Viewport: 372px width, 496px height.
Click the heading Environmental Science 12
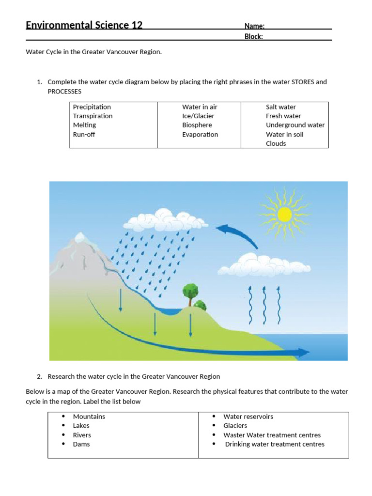tap(84, 25)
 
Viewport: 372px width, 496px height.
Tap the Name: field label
tap(254, 26)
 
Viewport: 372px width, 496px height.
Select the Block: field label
tap(254, 36)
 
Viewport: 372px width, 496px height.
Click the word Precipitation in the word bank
tap(92, 107)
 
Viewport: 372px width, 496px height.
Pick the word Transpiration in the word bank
tap(93, 116)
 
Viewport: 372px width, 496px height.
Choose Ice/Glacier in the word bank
tap(198, 116)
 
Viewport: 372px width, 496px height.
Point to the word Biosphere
tap(197, 125)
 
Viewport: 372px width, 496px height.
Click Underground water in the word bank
tap(295, 125)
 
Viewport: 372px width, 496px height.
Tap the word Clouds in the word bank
tap(276, 143)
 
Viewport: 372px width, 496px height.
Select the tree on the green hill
tap(190, 293)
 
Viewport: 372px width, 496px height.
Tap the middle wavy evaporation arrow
tap(264, 305)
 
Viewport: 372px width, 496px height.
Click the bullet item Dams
tap(81, 444)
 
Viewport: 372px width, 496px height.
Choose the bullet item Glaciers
tap(235, 426)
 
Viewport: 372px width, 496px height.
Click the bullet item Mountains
tap(89, 417)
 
